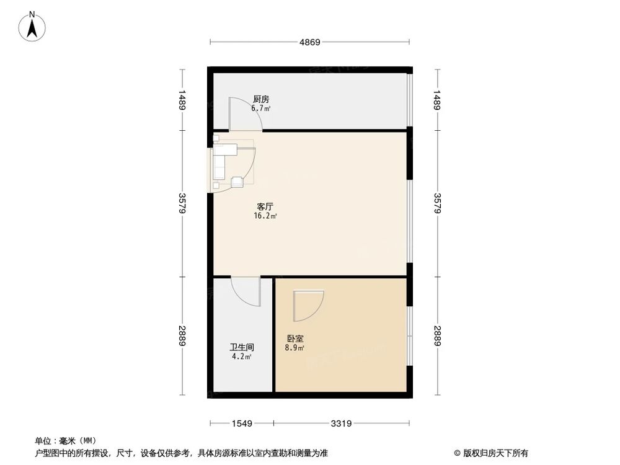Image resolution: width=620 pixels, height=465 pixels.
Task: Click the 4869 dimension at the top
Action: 309,42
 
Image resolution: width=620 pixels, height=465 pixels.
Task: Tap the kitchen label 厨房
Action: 261,99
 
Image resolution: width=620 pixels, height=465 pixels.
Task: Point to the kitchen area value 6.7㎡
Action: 261,108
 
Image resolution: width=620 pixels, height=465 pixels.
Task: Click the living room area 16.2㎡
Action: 265,216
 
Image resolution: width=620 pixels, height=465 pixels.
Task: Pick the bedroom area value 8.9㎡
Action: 294,348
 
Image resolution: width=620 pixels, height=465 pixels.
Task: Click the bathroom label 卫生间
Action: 242,348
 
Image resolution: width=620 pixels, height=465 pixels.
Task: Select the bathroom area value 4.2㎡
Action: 241,357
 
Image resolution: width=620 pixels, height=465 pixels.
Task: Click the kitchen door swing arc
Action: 245,114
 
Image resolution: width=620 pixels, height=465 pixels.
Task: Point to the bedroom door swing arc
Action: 308,306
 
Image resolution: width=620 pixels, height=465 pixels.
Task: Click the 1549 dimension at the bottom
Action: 242,424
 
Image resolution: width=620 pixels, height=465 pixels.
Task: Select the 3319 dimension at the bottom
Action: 341,424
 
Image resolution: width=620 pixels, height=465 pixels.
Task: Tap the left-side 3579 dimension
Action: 182,204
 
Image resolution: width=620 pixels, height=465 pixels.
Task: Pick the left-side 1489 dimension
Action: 182,100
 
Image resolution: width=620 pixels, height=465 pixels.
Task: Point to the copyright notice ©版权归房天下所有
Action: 491,453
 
